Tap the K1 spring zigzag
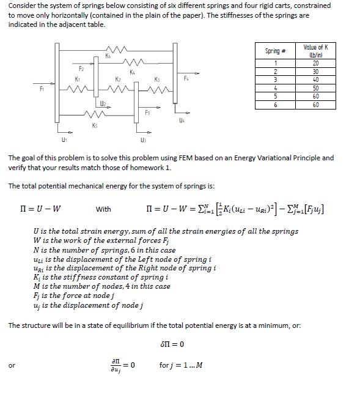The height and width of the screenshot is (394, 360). (x=78, y=91)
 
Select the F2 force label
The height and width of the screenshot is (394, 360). (x=81, y=70)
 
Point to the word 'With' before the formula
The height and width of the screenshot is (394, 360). (x=104, y=210)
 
